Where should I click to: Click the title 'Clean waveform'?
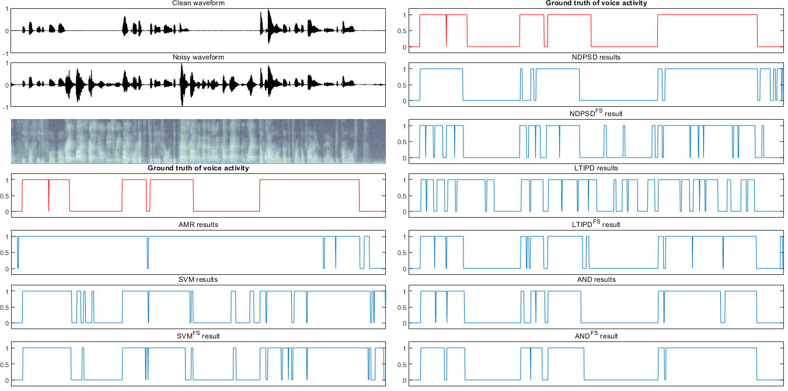[x=198, y=4]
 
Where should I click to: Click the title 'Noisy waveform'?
[x=198, y=57]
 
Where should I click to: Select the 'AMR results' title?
[x=198, y=225]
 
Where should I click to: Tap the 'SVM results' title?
[x=198, y=280]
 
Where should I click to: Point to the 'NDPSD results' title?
[x=595, y=57]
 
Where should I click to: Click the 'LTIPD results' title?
[x=595, y=168]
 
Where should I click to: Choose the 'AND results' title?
[x=595, y=280]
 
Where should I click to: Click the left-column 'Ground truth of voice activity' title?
[x=198, y=168]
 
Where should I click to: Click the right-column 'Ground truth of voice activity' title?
[x=596, y=4]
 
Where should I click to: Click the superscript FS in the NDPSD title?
[x=599, y=111]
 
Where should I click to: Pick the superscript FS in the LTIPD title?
[x=597, y=222]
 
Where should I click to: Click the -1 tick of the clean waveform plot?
[x=6, y=53]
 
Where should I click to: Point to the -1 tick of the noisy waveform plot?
[x=6, y=107]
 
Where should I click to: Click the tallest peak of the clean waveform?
[x=268, y=10]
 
